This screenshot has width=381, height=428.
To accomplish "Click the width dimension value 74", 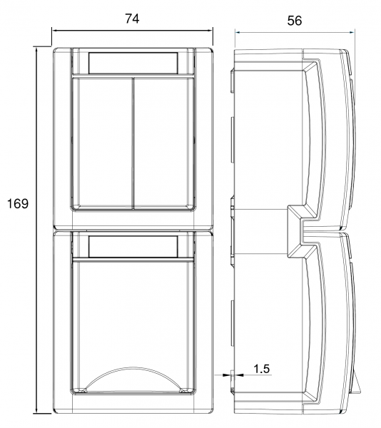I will [x=131, y=19].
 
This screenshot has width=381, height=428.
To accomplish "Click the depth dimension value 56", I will [x=295, y=21].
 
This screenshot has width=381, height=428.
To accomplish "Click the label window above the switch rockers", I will [x=133, y=63].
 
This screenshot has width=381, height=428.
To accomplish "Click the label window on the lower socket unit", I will [x=133, y=247].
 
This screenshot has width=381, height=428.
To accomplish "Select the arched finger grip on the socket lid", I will [x=133, y=379].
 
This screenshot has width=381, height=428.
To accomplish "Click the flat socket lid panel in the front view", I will [x=133, y=314].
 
